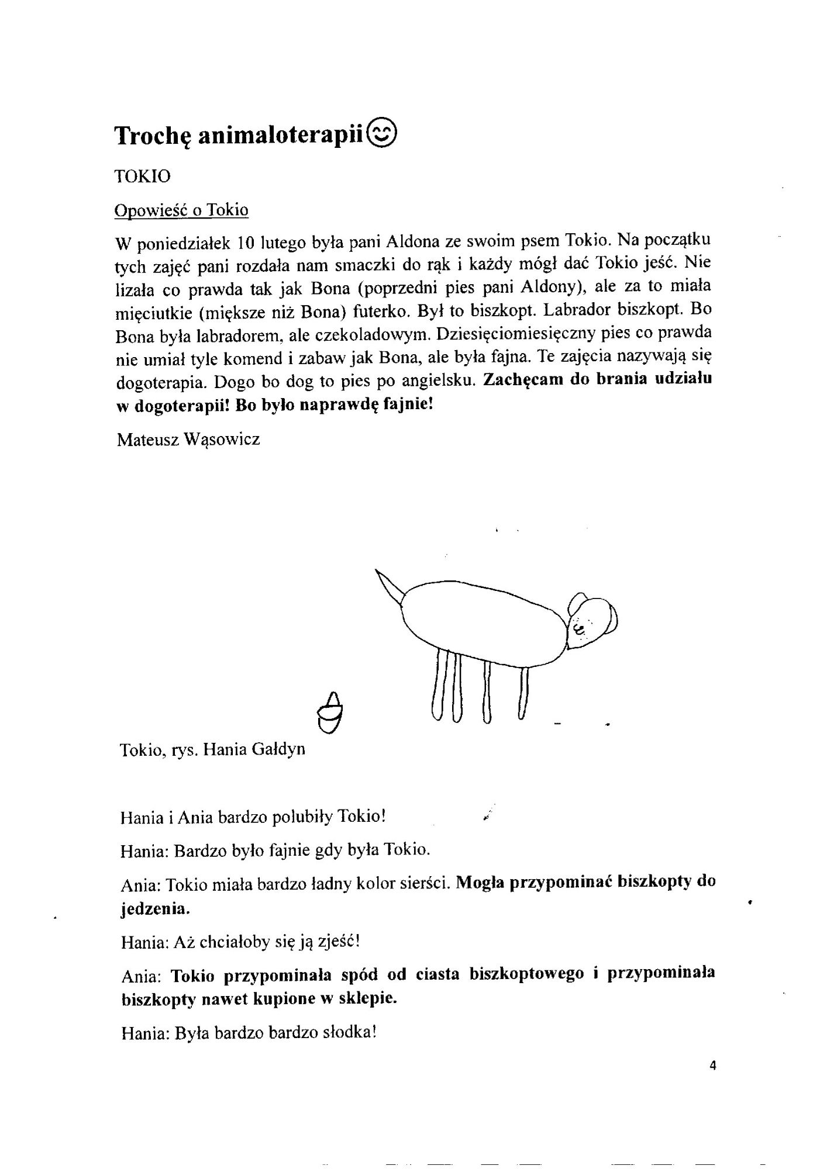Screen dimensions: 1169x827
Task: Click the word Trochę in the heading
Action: (x=153, y=136)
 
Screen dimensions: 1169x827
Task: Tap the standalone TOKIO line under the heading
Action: (x=143, y=176)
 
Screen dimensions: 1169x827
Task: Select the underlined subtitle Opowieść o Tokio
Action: (x=181, y=210)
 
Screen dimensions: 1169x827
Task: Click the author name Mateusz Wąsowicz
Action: (x=188, y=439)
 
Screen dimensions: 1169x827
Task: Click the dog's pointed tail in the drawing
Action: (x=389, y=587)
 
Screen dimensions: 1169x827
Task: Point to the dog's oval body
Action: (x=483, y=622)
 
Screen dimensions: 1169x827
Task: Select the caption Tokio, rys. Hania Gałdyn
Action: (x=212, y=749)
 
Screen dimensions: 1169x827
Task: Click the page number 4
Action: (x=712, y=1064)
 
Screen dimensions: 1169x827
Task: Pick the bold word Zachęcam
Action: (x=523, y=380)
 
